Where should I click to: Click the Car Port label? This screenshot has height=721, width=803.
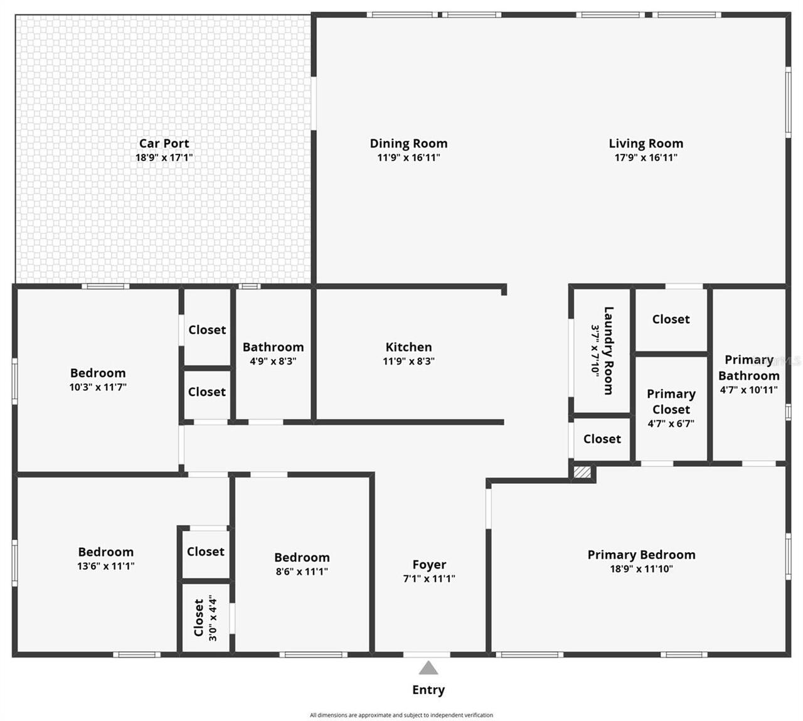pyautogui.click(x=164, y=144)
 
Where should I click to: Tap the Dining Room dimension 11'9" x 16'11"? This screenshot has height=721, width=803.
pyautogui.click(x=408, y=158)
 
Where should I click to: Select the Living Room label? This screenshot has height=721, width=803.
pyautogui.click(x=646, y=144)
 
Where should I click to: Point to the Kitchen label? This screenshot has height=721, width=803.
pyautogui.click(x=408, y=347)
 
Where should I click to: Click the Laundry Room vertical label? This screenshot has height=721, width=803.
pyautogui.click(x=608, y=350)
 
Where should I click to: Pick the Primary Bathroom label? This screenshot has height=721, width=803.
pyautogui.click(x=748, y=368)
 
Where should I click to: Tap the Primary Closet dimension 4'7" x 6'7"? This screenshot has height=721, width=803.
pyautogui.click(x=671, y=424)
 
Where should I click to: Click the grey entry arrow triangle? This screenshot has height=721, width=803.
pyautogui.click(x=428, y=668)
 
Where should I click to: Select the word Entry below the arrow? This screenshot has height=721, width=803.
pyautogui.click(x=428, y=690)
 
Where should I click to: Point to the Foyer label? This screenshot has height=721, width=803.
pyautogui.click(x=429, y=565)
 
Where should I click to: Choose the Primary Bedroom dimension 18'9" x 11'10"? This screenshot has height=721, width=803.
pyautogui.click(x=641, y=569)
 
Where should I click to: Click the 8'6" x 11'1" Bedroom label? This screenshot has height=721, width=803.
pyautogui.click(x=302, y=558)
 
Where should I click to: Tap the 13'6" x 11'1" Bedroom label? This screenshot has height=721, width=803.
pyautogui.click(x=105, y=552)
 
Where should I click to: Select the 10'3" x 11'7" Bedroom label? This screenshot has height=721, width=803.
pyautogui.click(x=98, y=373)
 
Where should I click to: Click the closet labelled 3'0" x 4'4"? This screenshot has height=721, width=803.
pyautogui.click(x=205, y=618)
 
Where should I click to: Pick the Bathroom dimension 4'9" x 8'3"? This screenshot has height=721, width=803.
pyautogui.click(x=273, y=361)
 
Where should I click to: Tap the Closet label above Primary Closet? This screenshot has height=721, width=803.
pyautogui.click(x=671, y=319)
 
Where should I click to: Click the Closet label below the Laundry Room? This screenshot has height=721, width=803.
pyautogui.click(x=602, y=439)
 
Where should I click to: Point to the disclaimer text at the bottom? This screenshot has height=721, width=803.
pyautogui.click(x=401, y=715)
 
